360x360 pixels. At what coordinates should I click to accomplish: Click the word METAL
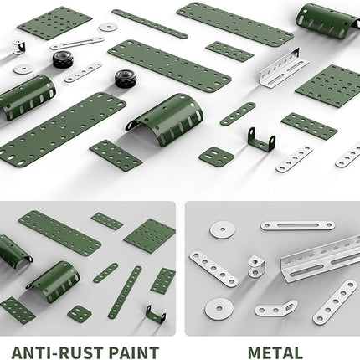[275, 352]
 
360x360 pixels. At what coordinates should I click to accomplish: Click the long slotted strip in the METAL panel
[297, 225]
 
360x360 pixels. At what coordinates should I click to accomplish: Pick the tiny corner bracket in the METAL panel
[256, 266]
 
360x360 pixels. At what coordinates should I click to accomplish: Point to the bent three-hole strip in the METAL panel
[275, 309]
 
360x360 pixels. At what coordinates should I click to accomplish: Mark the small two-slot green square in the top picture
[216, 157]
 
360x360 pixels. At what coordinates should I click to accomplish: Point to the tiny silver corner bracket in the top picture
[19, 47]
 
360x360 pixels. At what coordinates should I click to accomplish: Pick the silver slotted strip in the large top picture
[77, 43]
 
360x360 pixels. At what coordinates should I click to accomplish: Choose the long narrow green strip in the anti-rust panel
[125, 292]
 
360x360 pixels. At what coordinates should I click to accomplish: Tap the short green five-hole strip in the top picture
[238, 114]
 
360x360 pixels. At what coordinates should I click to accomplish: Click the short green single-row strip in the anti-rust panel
[105, 273]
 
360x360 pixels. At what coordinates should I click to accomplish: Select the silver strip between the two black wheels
[83, 72]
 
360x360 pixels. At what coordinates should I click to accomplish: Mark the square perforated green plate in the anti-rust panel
[150, 236]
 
